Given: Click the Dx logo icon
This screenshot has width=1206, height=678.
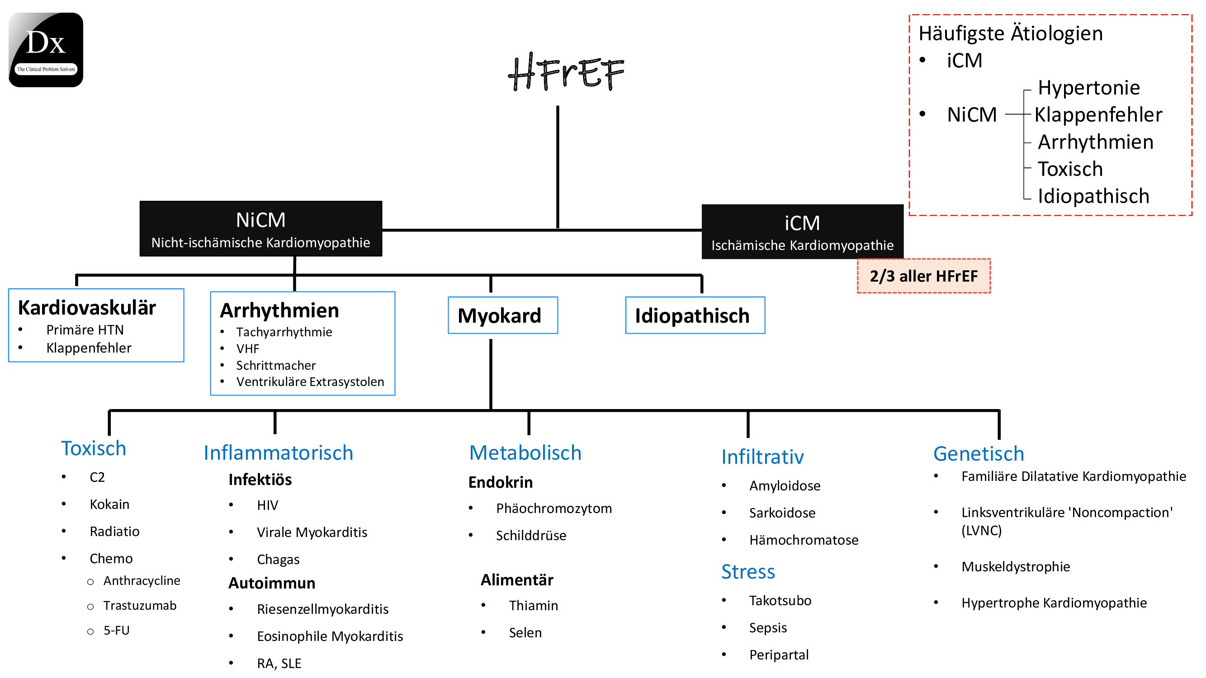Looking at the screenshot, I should click(x=46, y=50).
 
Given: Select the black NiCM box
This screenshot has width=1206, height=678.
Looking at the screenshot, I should click(x=261, y=229).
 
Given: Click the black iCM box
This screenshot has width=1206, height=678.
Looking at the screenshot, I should click(x=802, y=231).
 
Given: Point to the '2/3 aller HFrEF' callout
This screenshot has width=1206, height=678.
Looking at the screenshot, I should click(x=923, y=276).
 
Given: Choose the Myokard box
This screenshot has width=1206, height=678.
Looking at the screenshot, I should click(x=502, y=315).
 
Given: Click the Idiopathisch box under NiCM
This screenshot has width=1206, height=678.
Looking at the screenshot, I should click(x=695, y=315).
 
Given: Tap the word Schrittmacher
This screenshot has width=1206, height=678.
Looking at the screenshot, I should click(x=276, y=365).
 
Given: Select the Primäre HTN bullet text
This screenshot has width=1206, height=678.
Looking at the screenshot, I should click(x=85, y=330).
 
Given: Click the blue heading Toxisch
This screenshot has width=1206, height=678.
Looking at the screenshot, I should click(x=94, y=448).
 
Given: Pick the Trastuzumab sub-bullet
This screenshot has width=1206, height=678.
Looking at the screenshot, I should click(x=140, y=606).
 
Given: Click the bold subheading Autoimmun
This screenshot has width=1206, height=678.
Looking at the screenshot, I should click(x=271, y=583).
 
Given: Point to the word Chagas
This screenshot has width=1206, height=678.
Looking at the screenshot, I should click(x=278, y=560).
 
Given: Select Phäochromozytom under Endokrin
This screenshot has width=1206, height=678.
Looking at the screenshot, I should click(x=553, y=508).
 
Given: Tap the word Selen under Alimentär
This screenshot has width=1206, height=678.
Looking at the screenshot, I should click(x=525, y=633).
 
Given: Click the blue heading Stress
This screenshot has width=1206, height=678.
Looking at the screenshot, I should click(x=747, y=572).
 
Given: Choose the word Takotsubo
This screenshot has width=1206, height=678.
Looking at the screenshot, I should click(x=780, y=601).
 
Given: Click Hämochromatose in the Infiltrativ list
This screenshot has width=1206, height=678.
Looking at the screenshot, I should click(x=804, y=540).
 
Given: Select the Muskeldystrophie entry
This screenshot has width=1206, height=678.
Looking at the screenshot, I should click(x=1015, y=567).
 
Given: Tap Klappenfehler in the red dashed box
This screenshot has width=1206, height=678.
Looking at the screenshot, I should click(x=1098, y=115).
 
